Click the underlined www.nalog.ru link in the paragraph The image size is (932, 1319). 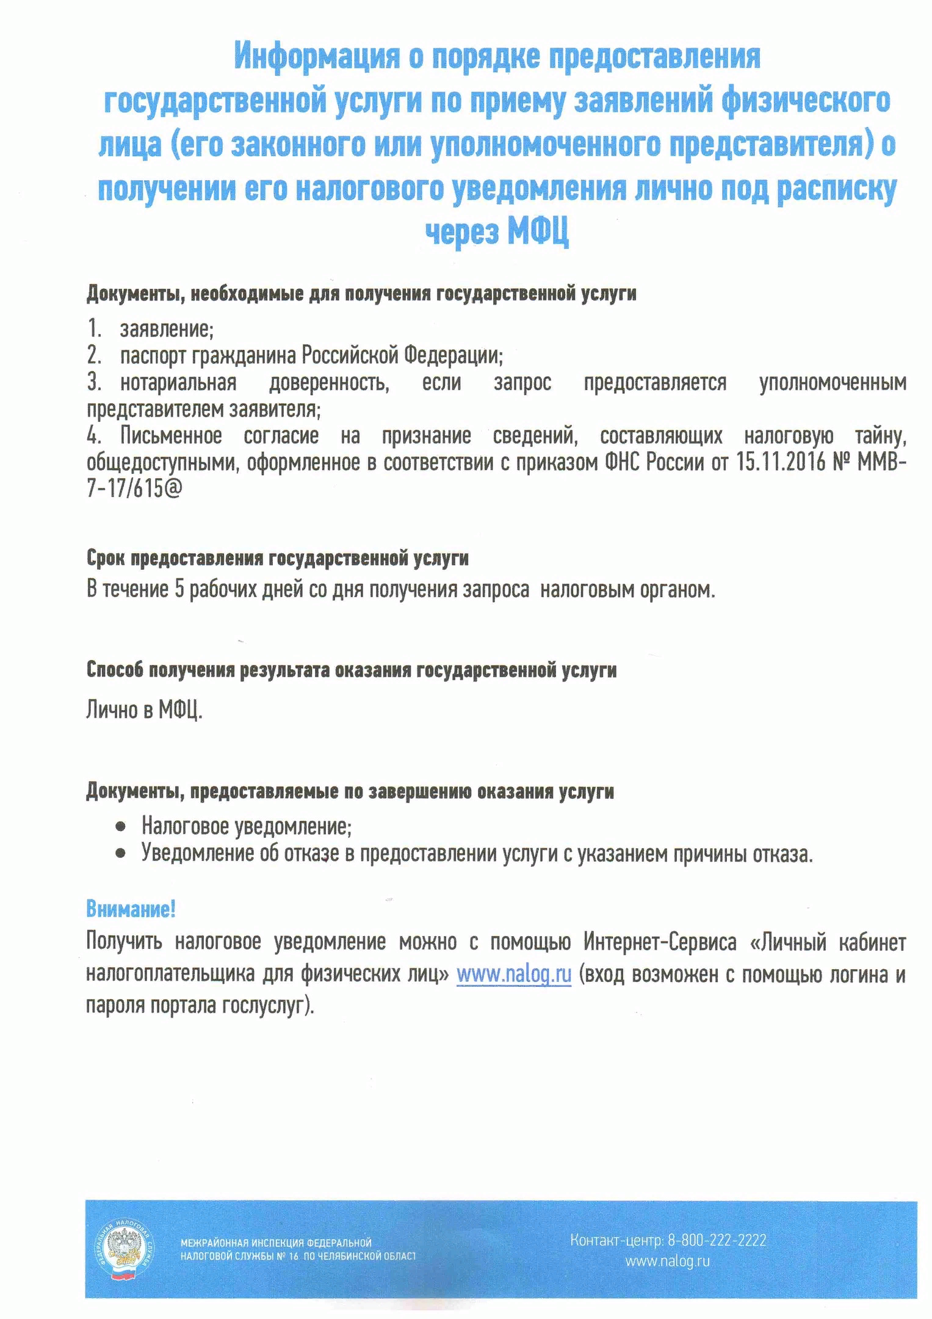pyautogui.click(x=514, y=974)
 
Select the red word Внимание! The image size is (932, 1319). pyautogui.click(x=131, y=909)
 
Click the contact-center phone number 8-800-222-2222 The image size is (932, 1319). pyautogui.click(x=717, y=1240)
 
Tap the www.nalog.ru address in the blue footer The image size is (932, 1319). pyautogui.click(x=667, y=1261)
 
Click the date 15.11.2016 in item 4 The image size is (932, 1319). pyautogui.click(x=780, y=462)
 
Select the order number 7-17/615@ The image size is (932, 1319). pyautogui.click(x=134, y=489)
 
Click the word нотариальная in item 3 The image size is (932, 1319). pyautogui.click(x=178, y=383)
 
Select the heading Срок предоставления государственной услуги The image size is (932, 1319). pyautogui.click(x=277, y=558)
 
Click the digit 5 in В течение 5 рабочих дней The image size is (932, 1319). pyautogui.click(x=179, y=589)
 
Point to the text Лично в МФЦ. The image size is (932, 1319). pyautogui.click(x=144, y=710)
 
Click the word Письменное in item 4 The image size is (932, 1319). pyautogui.click(x=171, y=436)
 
